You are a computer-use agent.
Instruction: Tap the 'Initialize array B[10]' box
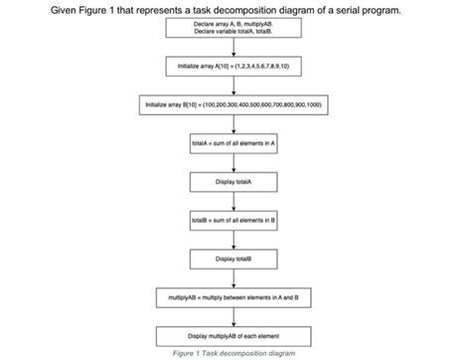234,104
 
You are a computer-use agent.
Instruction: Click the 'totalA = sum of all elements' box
234,143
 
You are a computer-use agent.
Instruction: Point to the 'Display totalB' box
234,257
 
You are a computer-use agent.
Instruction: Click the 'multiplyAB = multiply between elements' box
234,295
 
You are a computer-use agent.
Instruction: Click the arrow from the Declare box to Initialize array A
234,48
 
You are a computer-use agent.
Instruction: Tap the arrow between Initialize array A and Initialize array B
234,86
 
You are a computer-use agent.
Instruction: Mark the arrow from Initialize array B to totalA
234,123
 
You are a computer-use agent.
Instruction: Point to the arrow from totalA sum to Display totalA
234,162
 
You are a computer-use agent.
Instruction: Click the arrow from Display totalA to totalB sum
234,200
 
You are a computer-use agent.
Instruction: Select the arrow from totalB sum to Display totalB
234,238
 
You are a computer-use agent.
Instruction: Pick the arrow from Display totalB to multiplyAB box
234,275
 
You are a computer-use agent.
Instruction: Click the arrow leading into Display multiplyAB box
234,314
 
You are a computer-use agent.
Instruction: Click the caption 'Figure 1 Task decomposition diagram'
234,352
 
